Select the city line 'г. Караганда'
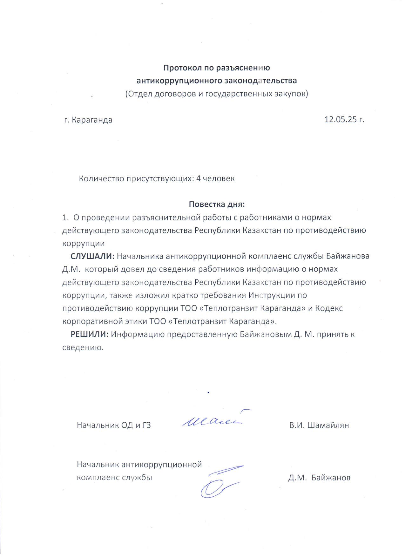tap(88, 120)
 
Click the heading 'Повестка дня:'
tap(217, 204)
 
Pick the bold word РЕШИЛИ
tap(90, 334)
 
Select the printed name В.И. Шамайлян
tap(319, 425)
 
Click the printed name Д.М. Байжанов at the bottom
tap(319, 478)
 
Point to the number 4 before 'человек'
tap(198, 178)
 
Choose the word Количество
tap(101, 178)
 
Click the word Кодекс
tap(329, 308)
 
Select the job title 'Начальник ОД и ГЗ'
tap(114, 425)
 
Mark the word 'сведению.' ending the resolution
tap(83, 347)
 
